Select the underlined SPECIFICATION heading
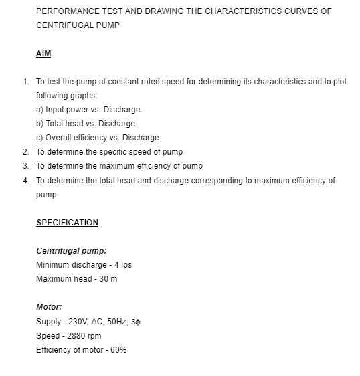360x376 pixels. point(67,223)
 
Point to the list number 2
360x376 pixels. point(25,152)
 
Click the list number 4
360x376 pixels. point(25,181)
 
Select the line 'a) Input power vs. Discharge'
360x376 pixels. point(88,109)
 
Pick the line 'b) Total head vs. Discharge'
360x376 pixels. point(85,123)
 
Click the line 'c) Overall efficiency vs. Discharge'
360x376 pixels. point(97,138)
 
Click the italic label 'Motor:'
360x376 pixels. point(49,308)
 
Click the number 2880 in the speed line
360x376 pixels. point(72,336)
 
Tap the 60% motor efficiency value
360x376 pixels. point(118,350)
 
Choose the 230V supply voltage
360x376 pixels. point(74,322)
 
